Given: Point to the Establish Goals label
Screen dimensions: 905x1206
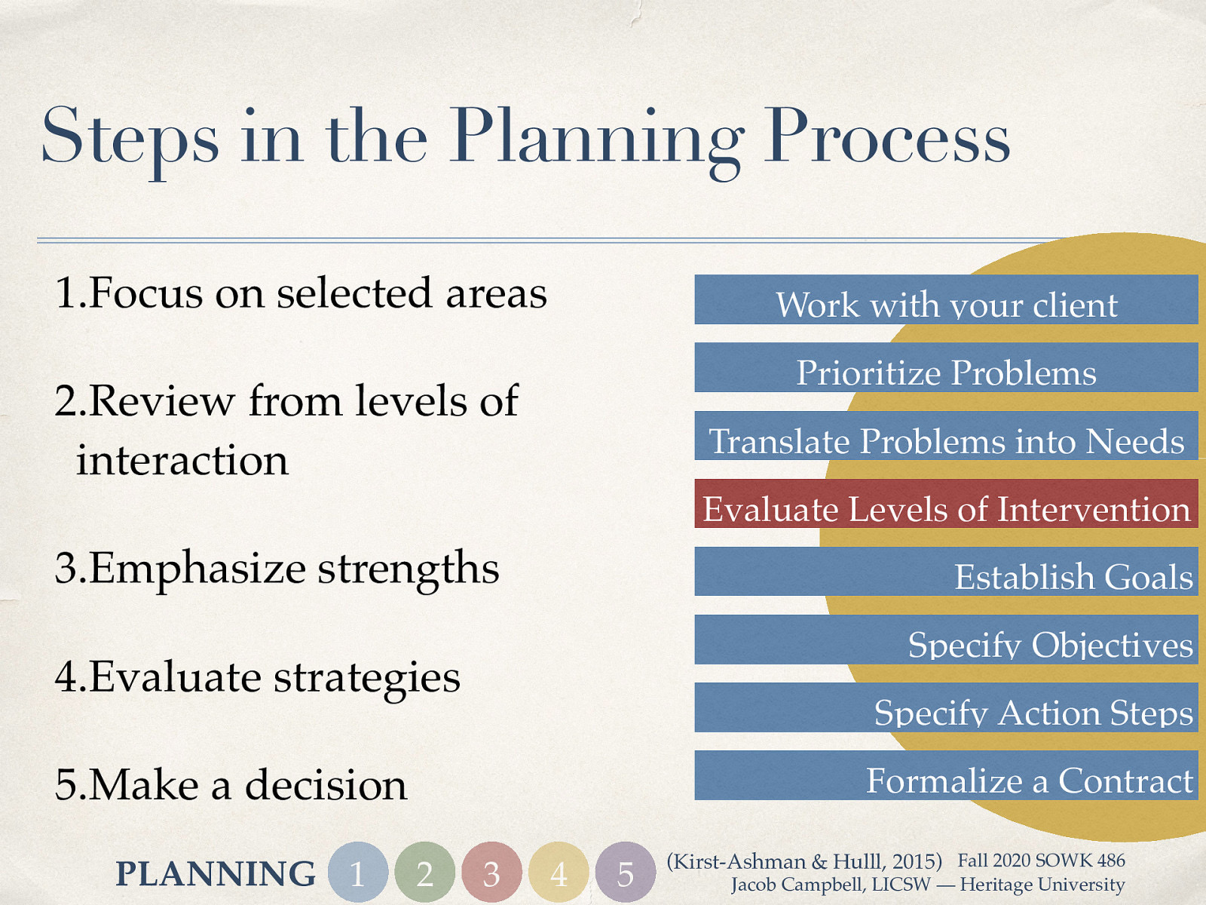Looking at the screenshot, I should (x=1073, y=577).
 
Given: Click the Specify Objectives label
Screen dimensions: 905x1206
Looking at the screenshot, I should (x=1050, y=645).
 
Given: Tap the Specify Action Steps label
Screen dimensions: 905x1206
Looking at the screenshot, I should (x=1033, y=713).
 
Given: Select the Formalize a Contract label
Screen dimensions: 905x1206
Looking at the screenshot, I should (x=1029, y=781).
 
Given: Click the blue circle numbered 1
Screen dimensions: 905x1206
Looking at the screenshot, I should (x=358, y=873).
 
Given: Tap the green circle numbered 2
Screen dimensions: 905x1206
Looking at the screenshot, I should (x=425, y=873).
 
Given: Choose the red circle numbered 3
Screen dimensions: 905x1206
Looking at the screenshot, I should (x=491, y=873).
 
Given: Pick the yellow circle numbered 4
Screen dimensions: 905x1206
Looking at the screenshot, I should (x=559, y=873).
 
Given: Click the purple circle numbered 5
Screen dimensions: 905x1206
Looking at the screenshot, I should (x=625, y=873).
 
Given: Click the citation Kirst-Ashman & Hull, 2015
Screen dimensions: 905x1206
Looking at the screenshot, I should (x=804, y=861).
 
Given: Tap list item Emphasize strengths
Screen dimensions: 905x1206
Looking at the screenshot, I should (x=277, y=569).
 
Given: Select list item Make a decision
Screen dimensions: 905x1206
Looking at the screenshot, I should (x=231, y=785).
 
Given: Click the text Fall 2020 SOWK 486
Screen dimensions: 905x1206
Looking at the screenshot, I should (x=1041, y=861).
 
